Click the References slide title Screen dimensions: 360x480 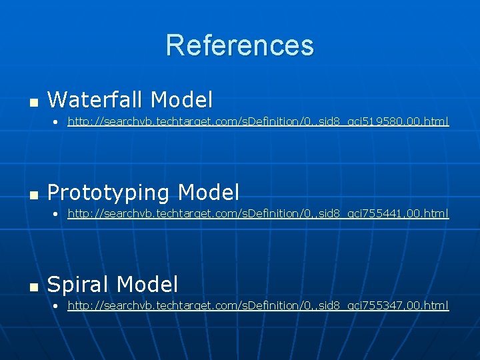[x=239, y=45]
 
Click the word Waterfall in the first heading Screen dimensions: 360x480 [x=95, y=100]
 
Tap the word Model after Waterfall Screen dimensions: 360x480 [x=181, y=100]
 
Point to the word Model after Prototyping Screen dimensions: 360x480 [x=209, y=193]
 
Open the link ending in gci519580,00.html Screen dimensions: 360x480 [x=258, y=122]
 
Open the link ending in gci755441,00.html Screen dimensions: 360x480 [x=258, y=214]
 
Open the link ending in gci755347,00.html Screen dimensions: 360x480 [x=258, y=305]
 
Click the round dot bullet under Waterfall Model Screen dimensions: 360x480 [x=57, y=123]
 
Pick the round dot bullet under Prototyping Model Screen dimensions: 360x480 [x=57, y=215]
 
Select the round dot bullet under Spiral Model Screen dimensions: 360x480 [x=57, y=306]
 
